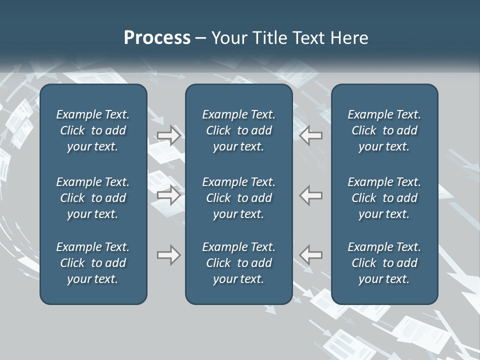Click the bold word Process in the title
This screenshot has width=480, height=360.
[x=157, y=38]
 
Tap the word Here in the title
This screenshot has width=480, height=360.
[x=350, y=38]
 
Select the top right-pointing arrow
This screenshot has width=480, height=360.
[x=168, y=135]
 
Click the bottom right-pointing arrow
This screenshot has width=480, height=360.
[x=168, y=255]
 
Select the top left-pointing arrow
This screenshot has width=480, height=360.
[x=311, y=135]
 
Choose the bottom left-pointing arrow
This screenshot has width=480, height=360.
[x=311, y=255]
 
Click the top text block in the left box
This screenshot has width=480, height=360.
[x=93, y=130]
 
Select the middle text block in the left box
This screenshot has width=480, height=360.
[x=93, y=198]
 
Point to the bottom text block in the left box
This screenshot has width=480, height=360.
[x=93, y=263]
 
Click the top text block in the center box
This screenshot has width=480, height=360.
[x=238, y=130]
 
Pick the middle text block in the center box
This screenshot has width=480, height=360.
[x=238, y=198]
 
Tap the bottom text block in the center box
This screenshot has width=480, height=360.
[x=238, y=263]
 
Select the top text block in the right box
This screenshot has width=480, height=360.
[x=384, y=130]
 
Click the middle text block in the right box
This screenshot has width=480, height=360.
[x=384, y=198]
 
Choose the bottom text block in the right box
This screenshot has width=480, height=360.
[x=384, y=263]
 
